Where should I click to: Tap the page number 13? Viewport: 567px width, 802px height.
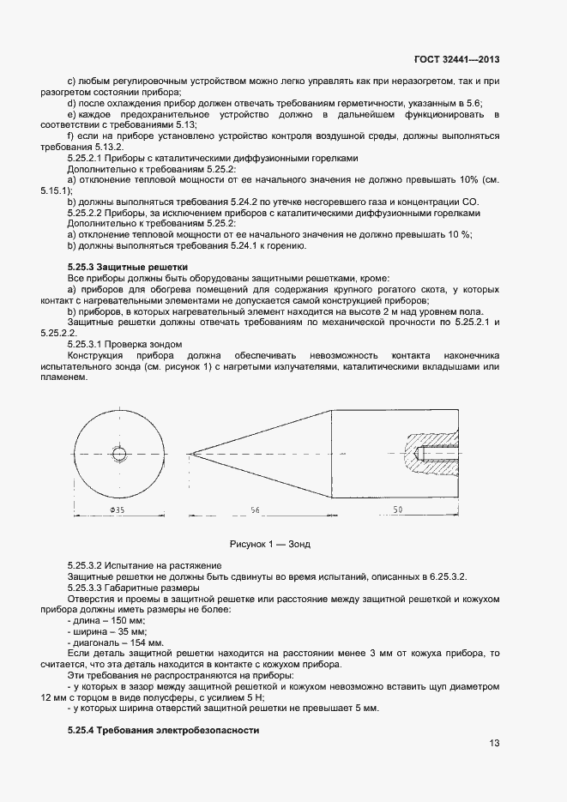coord(495,744)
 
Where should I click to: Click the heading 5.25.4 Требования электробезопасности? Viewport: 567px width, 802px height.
coord(162,730)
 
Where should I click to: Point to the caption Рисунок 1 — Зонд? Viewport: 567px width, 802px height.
coord(270,545)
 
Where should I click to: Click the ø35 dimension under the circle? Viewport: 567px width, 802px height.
coord(118,510)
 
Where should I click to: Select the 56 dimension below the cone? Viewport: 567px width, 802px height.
coord(255,510)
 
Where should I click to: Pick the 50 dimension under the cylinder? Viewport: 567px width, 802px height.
coord(398,510)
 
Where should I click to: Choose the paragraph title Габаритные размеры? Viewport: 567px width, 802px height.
coord(160,588)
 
